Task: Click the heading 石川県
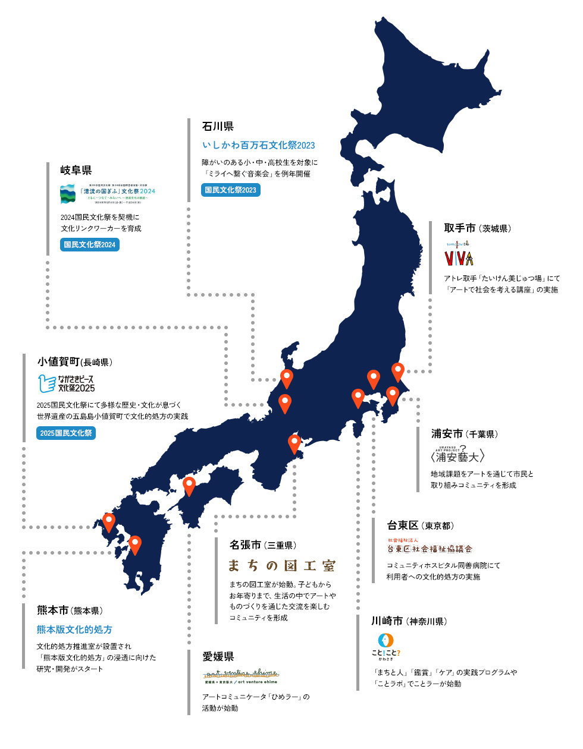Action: point(218,127)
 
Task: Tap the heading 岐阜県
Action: point(76,171)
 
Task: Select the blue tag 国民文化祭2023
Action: point(230,190)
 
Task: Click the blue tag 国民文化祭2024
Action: point(89,245)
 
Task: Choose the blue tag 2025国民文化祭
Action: point(66,433)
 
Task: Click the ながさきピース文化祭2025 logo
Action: point(66,383)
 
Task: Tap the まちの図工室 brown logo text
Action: point(282,565)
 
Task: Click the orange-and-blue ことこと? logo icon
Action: point(385,641)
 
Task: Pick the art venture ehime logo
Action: point(240,676)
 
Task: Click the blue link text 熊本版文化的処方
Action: point(74,630)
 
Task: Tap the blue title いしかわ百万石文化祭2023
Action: point(258,145)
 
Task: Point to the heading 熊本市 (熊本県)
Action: point(70,610)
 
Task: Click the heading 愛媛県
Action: point(218,656)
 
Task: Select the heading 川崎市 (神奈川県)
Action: point(409,621)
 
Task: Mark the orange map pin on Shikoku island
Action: point(189,485)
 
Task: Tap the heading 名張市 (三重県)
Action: point(262,545)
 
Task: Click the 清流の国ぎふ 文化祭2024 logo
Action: point(108,194)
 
